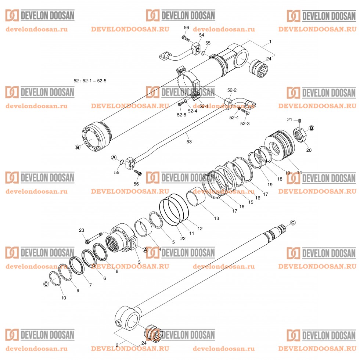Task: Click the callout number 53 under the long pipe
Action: click(189, 141)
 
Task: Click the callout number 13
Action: click(216, 218)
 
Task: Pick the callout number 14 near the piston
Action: click(299, 172)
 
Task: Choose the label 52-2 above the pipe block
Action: click(232, 90)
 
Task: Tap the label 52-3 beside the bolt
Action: click(245, 124)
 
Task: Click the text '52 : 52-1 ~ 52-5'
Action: click(91, 80)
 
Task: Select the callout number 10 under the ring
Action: click(64, 298)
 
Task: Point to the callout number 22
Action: click(183, 239)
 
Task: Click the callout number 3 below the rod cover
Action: click(139, 262)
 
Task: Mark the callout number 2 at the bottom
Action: click(117, 345)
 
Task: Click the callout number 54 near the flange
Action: click(201, 35)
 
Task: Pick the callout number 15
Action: click(251, 202)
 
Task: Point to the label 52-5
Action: click(181, 115)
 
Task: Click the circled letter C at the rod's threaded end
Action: click(293, 223)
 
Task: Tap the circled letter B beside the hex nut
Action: click(312, 128)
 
